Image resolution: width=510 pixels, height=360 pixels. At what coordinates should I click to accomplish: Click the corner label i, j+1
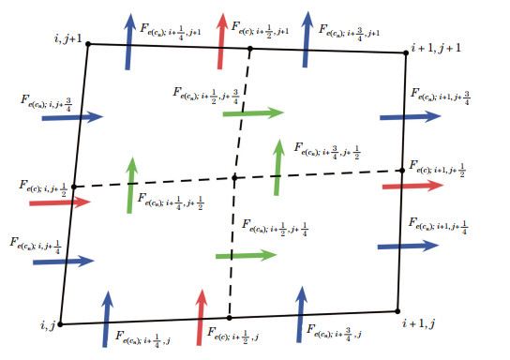[68, 37]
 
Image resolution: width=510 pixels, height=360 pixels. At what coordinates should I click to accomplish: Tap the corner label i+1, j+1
[438, 46]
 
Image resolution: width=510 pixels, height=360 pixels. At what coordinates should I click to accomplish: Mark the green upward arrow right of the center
[277, 166]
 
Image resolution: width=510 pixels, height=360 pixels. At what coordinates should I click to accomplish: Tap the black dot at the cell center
[235, 177]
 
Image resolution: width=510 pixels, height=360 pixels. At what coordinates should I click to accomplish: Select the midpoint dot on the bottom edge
[229, 318]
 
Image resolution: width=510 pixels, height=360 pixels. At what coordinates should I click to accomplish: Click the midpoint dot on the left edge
[73, 187]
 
